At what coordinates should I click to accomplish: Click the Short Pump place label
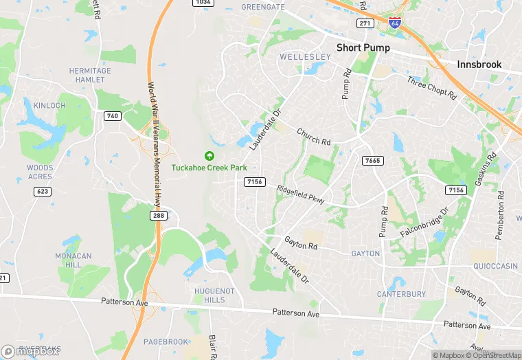coord(363,48)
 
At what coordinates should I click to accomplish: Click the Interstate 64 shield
coord(394,23)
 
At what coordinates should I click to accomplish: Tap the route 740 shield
coord(113,116)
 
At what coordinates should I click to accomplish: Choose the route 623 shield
coord(43,191)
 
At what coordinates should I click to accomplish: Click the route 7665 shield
coord(372,160)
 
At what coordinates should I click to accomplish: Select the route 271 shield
coord(365,23)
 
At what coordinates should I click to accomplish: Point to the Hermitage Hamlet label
coord(90,75)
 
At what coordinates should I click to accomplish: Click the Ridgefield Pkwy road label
coord(300,194)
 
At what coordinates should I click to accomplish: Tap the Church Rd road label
coord(313,137)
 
